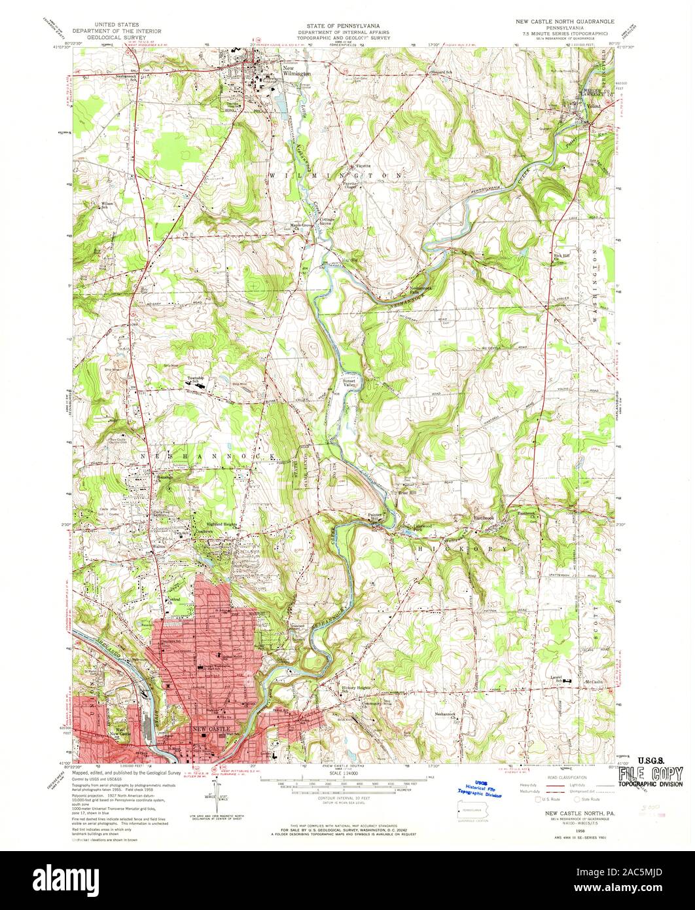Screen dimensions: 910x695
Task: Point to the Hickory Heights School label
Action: (x=356, y=689)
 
